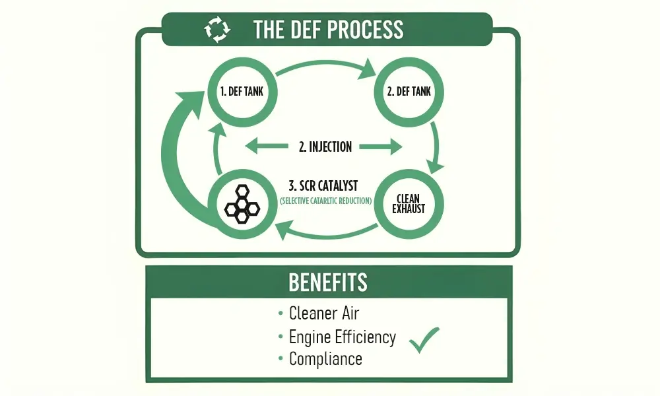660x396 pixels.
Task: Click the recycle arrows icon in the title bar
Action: [217, 29]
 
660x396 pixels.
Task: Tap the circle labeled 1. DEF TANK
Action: [242, 92]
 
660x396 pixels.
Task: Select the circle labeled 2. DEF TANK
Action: [409, 92]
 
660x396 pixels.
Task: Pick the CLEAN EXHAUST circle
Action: [409, 204]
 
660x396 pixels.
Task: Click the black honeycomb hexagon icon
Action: [242, 204]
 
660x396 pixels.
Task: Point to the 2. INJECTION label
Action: [325, 147]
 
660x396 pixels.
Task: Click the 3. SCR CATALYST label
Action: [323, 185]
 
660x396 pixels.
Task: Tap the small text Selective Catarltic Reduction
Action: [326, 201]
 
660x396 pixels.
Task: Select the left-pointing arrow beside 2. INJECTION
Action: [267, 147]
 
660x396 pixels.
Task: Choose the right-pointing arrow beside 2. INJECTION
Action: [381, 147]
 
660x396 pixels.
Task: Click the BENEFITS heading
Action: [328, 282]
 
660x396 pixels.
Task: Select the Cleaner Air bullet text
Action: [323, 313]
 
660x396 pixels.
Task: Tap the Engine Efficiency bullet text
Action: [342, 337]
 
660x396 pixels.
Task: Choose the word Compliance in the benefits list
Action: [325, 360]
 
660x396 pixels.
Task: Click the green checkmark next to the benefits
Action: [424, 340]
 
